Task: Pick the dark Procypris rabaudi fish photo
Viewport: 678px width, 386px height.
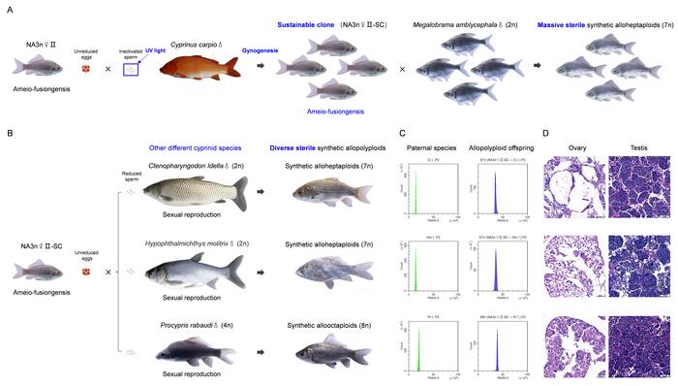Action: point(195,348)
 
